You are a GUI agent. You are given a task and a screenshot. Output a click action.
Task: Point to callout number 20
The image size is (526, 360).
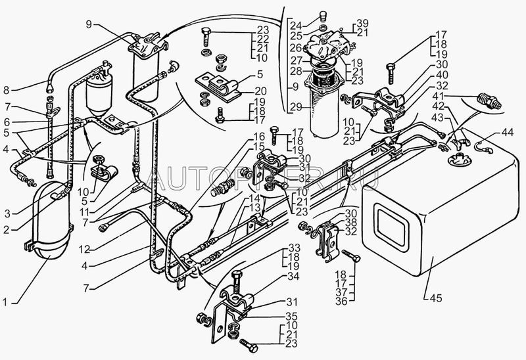tap(260, 91)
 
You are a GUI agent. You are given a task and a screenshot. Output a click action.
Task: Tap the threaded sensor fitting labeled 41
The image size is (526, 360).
tap(487, 102)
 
